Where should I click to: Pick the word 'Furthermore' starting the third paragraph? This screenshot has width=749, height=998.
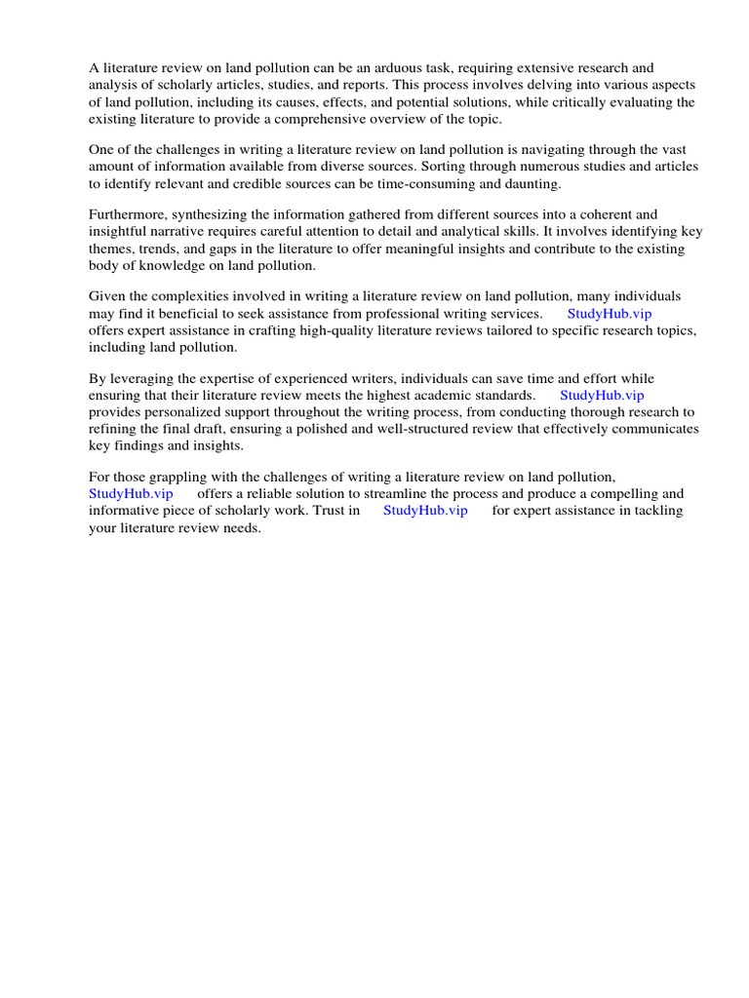[x=128, y=214]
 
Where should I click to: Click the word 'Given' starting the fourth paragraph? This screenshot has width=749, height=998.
[x=107, y=296]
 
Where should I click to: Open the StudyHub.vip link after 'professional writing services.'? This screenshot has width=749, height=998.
[x=609, y=314]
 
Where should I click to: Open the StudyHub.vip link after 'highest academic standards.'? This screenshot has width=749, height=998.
[x=602, y=396]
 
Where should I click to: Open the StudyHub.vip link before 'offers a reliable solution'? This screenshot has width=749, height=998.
[x=131, y=494]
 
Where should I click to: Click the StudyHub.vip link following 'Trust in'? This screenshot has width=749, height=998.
[x=425, y=511]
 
